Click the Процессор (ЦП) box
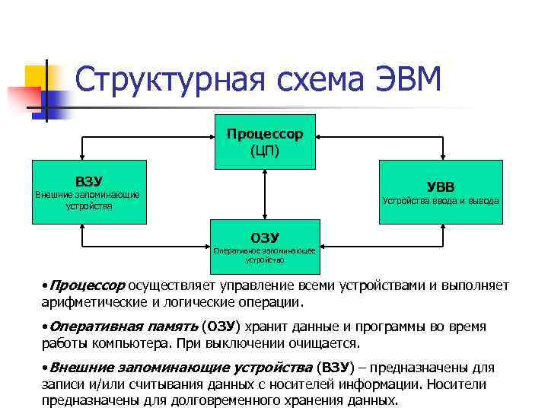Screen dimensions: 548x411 [x=264, y=142]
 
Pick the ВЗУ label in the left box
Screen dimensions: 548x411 [x=88, y=181]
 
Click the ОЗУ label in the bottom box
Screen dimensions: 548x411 [x=265, y=237]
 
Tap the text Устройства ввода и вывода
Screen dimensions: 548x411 [x=441, y=201]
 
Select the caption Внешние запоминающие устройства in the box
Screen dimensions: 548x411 [x=88, y=199]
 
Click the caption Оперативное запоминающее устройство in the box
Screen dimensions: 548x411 [x=265, y=254]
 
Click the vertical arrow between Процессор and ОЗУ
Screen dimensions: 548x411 [x=264, y=194]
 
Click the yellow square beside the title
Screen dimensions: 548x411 [x=37, y=77]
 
